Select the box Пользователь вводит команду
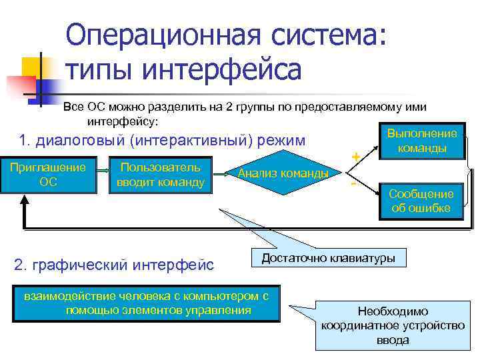(160, 175)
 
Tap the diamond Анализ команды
(283, 174)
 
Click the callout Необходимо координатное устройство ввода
(393, 326)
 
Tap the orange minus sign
(353, 182)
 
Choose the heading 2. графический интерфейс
(114, 265)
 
